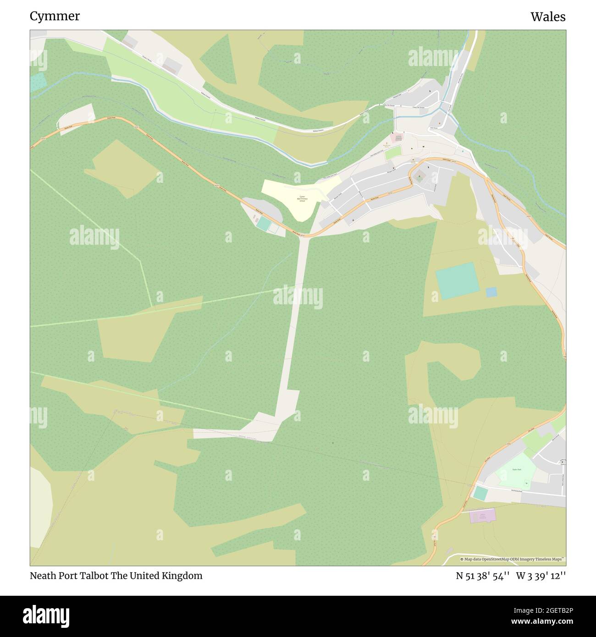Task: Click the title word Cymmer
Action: point(55,16)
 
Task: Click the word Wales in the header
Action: point(548,17)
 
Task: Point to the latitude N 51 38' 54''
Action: point(483,576)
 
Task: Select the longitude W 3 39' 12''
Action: point(541,576)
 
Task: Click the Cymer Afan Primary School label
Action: point(302,198)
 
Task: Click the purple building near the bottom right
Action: point(483,516)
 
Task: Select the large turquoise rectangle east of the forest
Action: point(457,280)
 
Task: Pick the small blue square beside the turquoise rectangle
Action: point(491,292)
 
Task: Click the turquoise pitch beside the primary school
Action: point(264,224)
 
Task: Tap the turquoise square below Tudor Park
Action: point(480,493)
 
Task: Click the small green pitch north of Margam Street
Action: point(392,154)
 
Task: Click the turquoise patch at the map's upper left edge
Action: point(38,82)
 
